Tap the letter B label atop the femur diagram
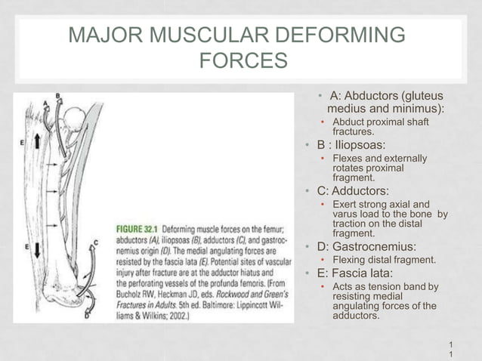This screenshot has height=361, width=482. (x=58, y=95)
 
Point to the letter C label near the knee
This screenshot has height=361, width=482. (x=96, y=242)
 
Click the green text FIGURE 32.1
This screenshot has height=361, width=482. (x=137, y=227)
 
